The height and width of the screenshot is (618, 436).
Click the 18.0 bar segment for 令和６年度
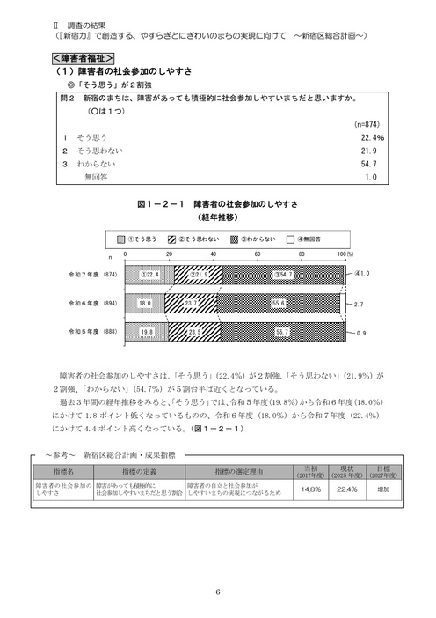pos(144,303)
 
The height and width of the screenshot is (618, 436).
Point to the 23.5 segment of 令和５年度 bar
pos(194,332)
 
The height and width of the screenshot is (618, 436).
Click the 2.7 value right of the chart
pos(360,303)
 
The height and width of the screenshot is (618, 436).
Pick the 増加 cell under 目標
pos(383,491)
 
